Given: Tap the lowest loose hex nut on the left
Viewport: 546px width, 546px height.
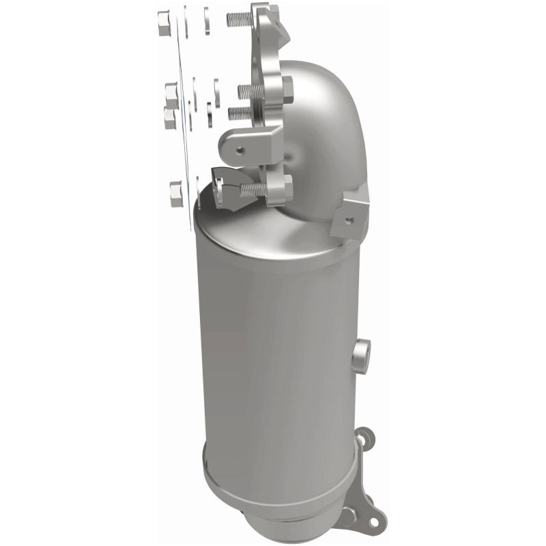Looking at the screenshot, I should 175,194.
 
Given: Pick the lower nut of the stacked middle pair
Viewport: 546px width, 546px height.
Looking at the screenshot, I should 171,117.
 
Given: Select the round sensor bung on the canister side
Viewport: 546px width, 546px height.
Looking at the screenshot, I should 362,355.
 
